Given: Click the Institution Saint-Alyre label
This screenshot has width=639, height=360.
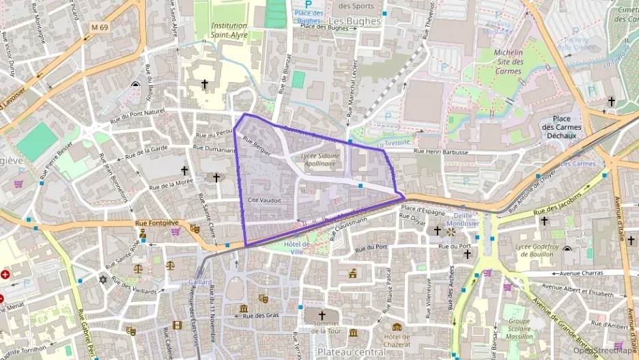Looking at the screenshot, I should click(229, 30).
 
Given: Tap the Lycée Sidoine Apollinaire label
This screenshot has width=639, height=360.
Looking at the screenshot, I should click(318, 160).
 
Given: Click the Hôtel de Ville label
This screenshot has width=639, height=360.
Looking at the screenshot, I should click(297, 248).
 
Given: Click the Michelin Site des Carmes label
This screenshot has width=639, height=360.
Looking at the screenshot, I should click(508, 61).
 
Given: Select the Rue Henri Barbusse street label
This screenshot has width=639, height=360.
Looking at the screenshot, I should click(441, 152).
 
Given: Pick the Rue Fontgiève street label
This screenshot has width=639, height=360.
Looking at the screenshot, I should click(151, 223).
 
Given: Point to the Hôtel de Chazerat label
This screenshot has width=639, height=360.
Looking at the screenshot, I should click(397, 340).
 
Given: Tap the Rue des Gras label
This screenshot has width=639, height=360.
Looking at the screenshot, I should click(261, 315).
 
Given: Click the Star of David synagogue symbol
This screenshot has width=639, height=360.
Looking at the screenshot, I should click(104, 279).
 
